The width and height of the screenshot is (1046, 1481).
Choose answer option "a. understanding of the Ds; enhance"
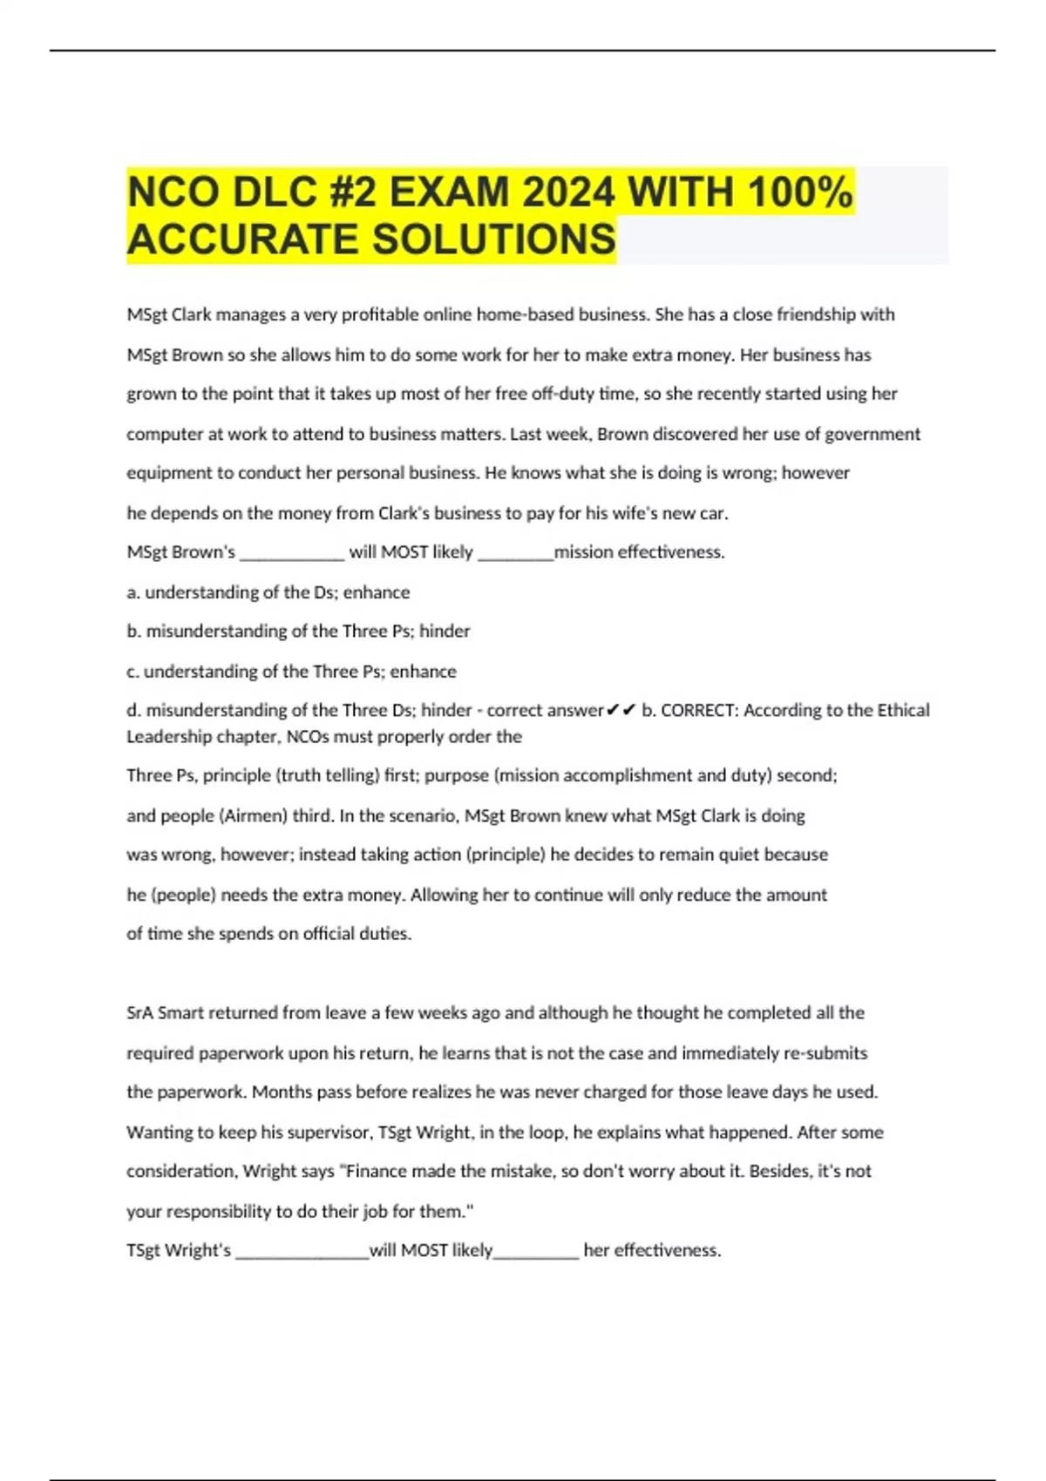(x=268, y=592)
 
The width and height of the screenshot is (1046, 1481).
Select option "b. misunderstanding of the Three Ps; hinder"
(x=298, y=631)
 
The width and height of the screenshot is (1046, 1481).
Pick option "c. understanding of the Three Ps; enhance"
(x=291, y=672)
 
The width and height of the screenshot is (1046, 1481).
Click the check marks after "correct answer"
(x=621, y=711)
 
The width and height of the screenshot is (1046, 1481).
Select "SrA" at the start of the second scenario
(x=139, y=1013)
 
